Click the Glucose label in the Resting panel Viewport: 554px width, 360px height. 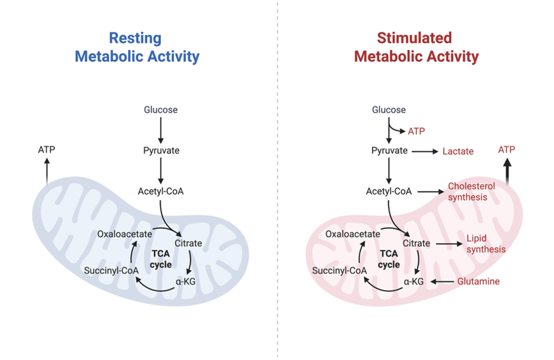click(161, 110)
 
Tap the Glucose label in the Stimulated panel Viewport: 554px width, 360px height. click(389, 110)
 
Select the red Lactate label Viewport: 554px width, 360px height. click(457, 151)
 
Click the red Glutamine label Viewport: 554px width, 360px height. click(479, 281)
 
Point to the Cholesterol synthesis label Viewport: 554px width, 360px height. click(471, 191)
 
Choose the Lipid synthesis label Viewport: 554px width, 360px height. click(486, 243)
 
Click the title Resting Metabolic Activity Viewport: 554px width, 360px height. click(137, 48)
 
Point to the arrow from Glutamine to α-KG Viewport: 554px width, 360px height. click(442, 281)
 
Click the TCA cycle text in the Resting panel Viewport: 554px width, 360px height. click(161, 259)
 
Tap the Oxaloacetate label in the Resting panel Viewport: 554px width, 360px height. click(124, 233)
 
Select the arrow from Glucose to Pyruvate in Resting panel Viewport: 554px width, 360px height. click(161, 130)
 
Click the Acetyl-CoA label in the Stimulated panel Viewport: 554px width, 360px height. click(388, 191)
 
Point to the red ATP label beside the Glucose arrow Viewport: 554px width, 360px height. click(416, 131)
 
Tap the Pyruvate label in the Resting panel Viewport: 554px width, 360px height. click(161, 150)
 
